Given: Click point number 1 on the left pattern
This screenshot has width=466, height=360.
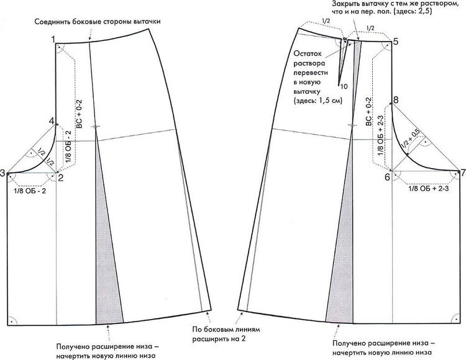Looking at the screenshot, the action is click(53, 39).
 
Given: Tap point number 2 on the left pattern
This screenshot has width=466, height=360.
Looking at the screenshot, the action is click(61, 178).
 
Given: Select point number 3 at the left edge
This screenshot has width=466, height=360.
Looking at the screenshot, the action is click(2, 173).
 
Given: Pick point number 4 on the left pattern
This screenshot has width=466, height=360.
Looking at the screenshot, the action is click(52, 121).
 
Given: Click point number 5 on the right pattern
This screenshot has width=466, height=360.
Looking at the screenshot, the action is click(396, 42).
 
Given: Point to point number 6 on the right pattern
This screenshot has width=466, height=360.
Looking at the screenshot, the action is click(387, 178).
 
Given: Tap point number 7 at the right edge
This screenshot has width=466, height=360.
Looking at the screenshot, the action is click(463, 172).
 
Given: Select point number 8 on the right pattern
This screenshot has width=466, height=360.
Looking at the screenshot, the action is click(396, 100).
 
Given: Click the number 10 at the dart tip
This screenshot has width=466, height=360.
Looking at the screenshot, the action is click(344, 86).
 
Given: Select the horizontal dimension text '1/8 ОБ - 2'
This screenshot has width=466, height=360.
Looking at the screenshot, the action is click(30, 191).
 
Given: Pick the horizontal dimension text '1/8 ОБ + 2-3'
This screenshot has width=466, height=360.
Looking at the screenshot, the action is click(429, 188).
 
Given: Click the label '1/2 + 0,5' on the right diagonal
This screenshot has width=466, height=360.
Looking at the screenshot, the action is click(412, 140).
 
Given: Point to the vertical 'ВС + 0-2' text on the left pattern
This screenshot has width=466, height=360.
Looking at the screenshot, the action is click(79, 114).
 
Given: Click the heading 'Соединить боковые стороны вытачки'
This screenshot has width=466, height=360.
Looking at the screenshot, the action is click(98, 22).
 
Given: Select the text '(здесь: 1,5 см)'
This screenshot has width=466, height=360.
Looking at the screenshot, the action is click(318, 101).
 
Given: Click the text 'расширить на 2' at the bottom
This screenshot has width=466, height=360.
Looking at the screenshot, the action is click(219, 339).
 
